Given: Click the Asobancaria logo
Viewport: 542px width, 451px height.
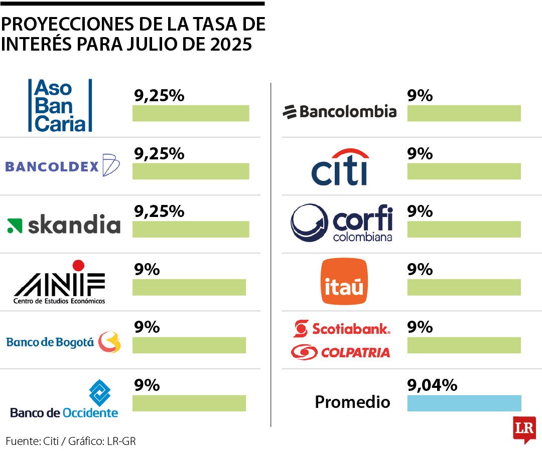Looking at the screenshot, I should [x=60, y=105].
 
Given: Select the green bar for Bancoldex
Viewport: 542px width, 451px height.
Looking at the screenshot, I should [x=191, y=171].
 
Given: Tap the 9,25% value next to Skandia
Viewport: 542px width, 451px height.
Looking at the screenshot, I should [x=159, y=211].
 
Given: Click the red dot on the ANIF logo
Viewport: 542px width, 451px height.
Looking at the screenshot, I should [x=78, y=265].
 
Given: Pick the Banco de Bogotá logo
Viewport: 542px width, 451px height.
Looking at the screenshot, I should [x=63, y=342].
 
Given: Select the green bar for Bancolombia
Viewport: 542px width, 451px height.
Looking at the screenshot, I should [x=464, y=113].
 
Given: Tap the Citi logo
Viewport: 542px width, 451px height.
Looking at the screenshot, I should [x=340, y=167].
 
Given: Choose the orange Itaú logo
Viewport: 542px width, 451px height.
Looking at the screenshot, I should [x=344, y=282].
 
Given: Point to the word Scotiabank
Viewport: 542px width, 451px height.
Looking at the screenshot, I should [x=350, y=329].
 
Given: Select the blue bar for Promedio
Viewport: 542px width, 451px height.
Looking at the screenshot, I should [x=464, y=403].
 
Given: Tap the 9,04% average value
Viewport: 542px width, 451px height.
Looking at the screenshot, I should [x=432, y=385].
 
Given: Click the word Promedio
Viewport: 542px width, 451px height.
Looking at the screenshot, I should [x=352, y=402].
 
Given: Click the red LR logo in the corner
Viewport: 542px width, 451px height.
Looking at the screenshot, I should [x=524, y=428].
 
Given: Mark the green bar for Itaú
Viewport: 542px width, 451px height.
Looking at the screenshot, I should [x=464, y=287].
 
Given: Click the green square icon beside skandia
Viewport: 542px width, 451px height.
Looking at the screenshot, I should [x=15, y=226].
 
